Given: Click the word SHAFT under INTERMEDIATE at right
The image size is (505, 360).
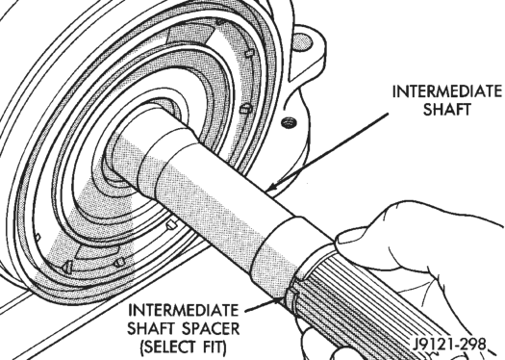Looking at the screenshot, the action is pyautogui.click(x=446, y=110).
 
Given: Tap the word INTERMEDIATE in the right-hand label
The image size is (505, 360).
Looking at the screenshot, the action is pyautogui.click(x=447, y=91).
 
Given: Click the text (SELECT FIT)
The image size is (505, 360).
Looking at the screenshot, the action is pyautogui.click(x=183, y=347).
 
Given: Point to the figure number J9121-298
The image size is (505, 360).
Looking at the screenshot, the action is pyautogui.click(x=448, y=345).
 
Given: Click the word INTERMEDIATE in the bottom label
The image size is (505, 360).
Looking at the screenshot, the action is pyautogui.click(x=184, y=310).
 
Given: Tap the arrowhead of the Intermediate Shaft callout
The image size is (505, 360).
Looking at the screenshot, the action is pyautogui.click(x=271, y=187).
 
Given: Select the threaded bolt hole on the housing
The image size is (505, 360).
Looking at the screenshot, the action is pyautogui.click(x=289, y=122).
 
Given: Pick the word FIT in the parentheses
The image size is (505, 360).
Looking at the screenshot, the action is pyautogui.click(x=212, y=347).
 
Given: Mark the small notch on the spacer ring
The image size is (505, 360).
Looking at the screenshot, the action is pyautogui.click(x=292, y=294).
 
